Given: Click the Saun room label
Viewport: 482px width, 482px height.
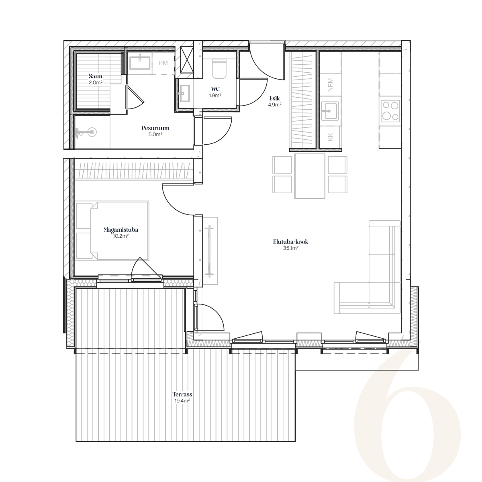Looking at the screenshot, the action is coord(96,76).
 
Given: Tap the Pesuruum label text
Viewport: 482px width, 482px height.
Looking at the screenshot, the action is coord(155,128).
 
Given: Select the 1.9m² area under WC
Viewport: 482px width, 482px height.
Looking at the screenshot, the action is coord(215,95).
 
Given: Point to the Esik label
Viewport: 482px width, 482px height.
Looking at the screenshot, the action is coord(274,98).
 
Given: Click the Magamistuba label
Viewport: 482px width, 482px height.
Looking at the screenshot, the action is coord(121,230).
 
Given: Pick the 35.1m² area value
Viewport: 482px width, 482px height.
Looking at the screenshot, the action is coord(291,248).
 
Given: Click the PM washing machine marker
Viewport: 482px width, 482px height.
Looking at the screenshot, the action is coord(163,63).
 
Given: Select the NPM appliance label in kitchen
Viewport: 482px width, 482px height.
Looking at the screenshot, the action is coord(330,85).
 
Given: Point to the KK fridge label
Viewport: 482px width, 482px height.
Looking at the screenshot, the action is coord(330,137).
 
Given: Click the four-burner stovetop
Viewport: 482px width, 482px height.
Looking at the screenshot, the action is coord(390,111).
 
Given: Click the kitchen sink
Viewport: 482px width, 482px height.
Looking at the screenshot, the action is coord(330,111).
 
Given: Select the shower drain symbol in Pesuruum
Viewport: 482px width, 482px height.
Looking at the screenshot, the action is coord(92,132).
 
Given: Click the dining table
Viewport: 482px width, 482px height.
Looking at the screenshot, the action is coord(310,176).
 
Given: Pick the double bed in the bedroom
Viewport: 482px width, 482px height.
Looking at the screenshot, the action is coord(112,231).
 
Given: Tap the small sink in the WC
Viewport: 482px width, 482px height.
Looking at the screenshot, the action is coord(184,94).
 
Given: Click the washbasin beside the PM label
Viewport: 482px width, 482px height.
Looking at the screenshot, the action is coord(140,63).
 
